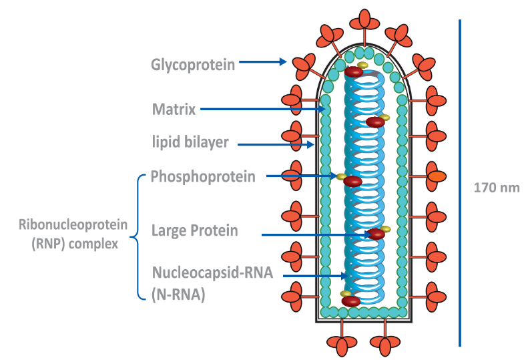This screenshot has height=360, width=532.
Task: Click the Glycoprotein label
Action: (192, 64)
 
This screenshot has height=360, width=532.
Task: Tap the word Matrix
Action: (174, 109)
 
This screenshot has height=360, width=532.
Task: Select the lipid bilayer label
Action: (190, 142)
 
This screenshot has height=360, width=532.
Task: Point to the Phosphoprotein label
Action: (202, 176)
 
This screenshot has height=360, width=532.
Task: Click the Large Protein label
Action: (194, 231)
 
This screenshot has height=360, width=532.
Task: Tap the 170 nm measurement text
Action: (496, 188)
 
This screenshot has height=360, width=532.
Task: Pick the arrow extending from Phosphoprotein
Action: (301, 176)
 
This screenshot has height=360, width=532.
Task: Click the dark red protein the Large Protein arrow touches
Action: (376, 234)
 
